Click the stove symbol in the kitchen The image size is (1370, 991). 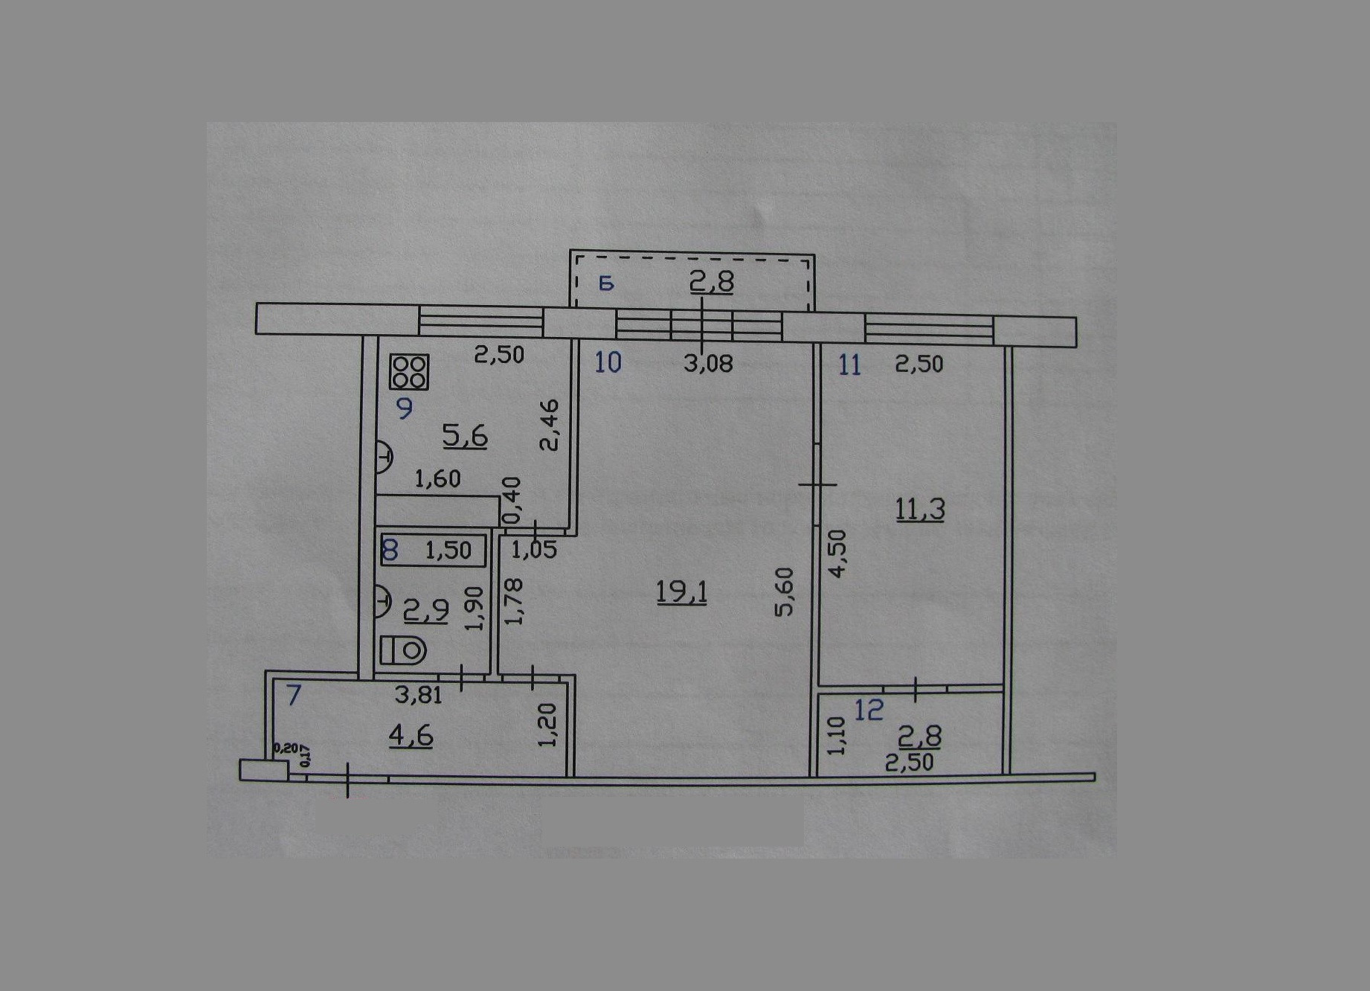point(409,372)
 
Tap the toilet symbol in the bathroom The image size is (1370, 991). point(403,651)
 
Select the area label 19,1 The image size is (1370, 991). point(681,593)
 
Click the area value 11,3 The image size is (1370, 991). point(920,510)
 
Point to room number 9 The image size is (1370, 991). point(405,408)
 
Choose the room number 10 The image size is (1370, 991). point(608,362)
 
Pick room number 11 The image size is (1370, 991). point(849,365)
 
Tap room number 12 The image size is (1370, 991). point(869,710)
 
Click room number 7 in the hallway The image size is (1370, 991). point(294,695)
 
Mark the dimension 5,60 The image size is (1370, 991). point(785,591)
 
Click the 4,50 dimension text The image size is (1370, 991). point(837,554)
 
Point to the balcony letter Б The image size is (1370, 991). point(606,283)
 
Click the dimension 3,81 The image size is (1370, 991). point(419,696)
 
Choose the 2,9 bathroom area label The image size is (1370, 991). point(425,611)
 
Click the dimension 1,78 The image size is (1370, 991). point(513,602)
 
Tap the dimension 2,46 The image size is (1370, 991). point(549,425)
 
